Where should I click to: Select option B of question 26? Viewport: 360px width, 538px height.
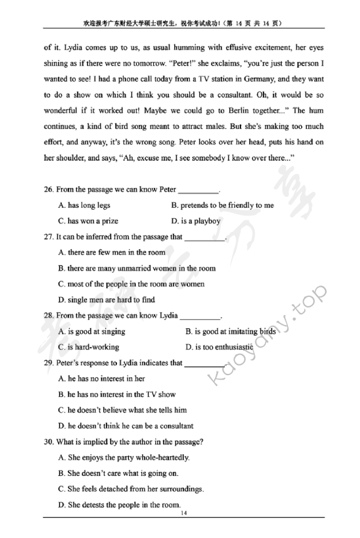coord(222,205)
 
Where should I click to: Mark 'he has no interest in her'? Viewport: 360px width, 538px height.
coord(101,378)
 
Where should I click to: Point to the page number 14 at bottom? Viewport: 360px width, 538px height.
coord(183,514)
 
